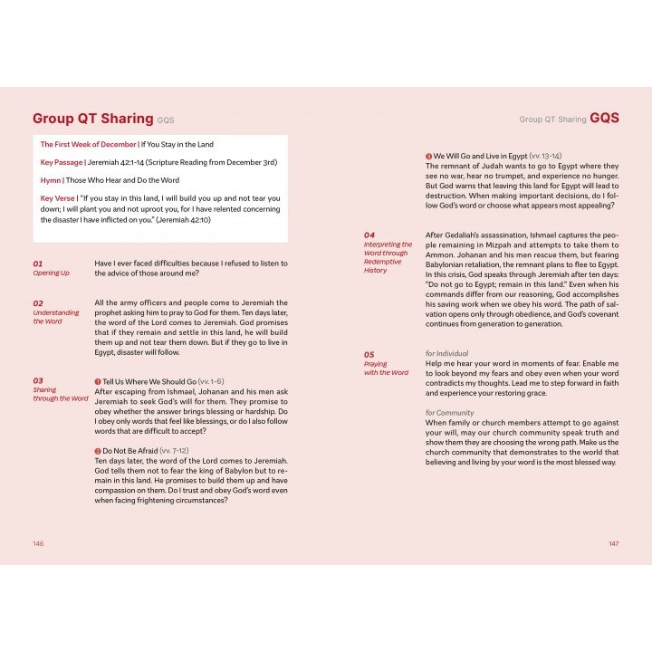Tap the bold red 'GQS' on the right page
(604, 118)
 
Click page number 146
(38, 543)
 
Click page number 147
(612, 543)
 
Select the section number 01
(38, 264)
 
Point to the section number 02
(38, 303)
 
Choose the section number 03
(38, 381)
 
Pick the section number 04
(369, 235)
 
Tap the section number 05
(369, 354)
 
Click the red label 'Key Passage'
(61, 162)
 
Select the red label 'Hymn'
(50, 180)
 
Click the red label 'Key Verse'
(58, 197)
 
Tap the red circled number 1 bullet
(98, 382)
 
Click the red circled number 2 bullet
(98, 451)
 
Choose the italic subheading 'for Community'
(450, 413)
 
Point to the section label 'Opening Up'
(52, 273)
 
